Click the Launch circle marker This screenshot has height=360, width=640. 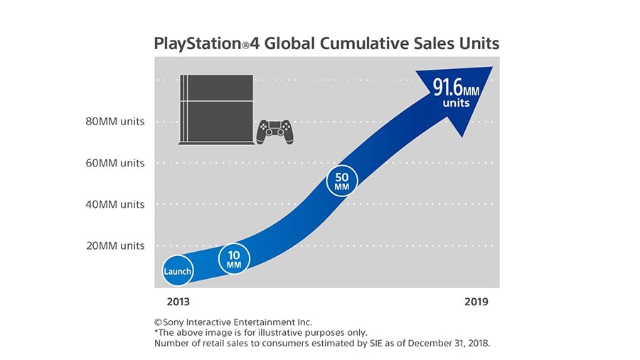coord(178,271)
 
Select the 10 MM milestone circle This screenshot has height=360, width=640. coord(234,260)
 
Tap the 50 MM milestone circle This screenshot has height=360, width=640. coord(342,181)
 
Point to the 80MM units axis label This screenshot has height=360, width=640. coord(114,122)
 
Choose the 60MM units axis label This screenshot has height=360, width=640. coord(114,163)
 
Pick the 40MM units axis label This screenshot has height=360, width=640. coord(114,204)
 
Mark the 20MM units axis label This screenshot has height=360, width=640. coord(114,245)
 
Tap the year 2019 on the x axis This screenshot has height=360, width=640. coord(476,302)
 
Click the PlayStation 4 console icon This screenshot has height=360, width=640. coord(215,110)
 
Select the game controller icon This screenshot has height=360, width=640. coord(274,131)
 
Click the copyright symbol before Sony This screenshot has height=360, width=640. coord(158,322)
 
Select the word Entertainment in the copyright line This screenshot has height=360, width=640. coord(256,322)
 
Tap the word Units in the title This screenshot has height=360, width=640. coord(477,43)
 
